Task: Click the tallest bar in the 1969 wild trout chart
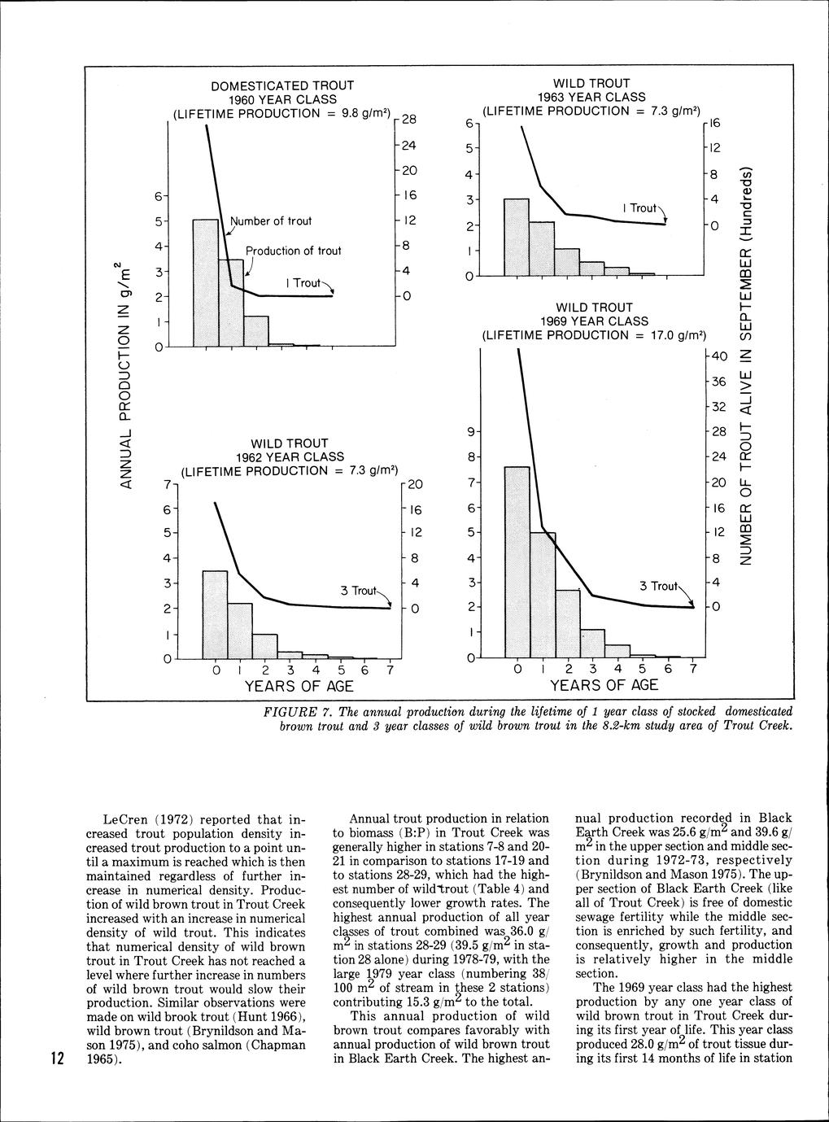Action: (517, 561)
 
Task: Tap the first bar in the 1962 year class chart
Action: (215, 614)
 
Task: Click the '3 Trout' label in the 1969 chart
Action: (657, 586)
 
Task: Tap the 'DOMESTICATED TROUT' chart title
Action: (282, 85)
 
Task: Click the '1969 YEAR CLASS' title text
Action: (595, 321)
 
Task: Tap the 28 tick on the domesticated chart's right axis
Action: (408, 120)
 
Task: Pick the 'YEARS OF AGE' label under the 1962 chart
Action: (299, 686)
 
